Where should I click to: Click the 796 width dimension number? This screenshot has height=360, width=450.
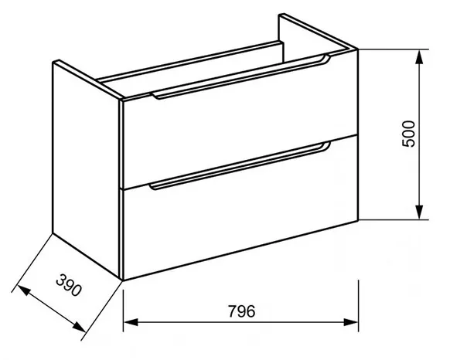pyautogui.click(x=241, y=311)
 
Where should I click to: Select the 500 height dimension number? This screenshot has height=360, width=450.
pyautogui.click(x=409, y=134)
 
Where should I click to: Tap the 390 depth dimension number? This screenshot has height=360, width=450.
pyautogui.click(x=69, y=285)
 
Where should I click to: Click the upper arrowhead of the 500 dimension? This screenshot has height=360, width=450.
pyautogui.click(x=420, y=57)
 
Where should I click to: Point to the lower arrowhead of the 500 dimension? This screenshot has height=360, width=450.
pyautogui.click(x=420, y=212)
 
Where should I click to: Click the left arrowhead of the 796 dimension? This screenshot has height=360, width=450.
pyautogui.click(x=131, y=322)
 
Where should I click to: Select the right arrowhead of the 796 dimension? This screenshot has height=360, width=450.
pyautogui.click(x=351, y=322)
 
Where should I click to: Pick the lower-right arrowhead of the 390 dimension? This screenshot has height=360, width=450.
pyautogui.click(x=79, y=327)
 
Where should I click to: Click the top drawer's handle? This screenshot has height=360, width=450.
pyautogui.click(x=241, y=77)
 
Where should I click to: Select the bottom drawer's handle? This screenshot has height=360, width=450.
pyautogui.click(x=240, y=165)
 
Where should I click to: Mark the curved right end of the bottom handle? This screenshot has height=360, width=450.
pyautogui.click(x=326, y=146)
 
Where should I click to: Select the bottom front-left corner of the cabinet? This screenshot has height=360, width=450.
pyautogui.click(x=122, y=280)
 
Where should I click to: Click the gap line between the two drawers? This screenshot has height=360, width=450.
pyautogui.click(x=240, y=162)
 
